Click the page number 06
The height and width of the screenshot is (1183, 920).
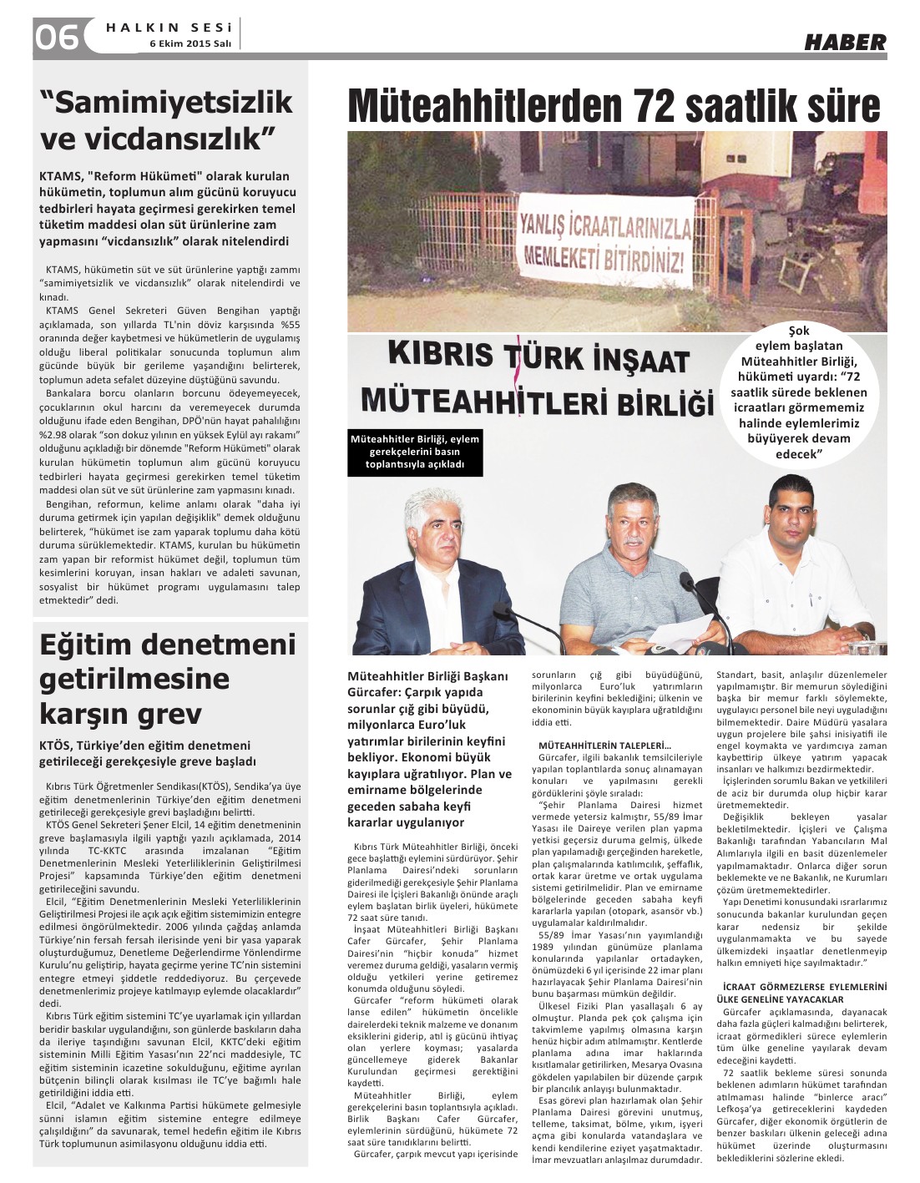[56, 37]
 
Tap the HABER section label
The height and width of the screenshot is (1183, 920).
[845, 42]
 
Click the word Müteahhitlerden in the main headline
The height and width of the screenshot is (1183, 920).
[485, 107]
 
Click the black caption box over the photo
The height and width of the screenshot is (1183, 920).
[414, 452]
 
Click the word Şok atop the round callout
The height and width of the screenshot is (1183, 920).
[799, 331]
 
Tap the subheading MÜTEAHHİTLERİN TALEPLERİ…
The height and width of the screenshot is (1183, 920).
[605, 745]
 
